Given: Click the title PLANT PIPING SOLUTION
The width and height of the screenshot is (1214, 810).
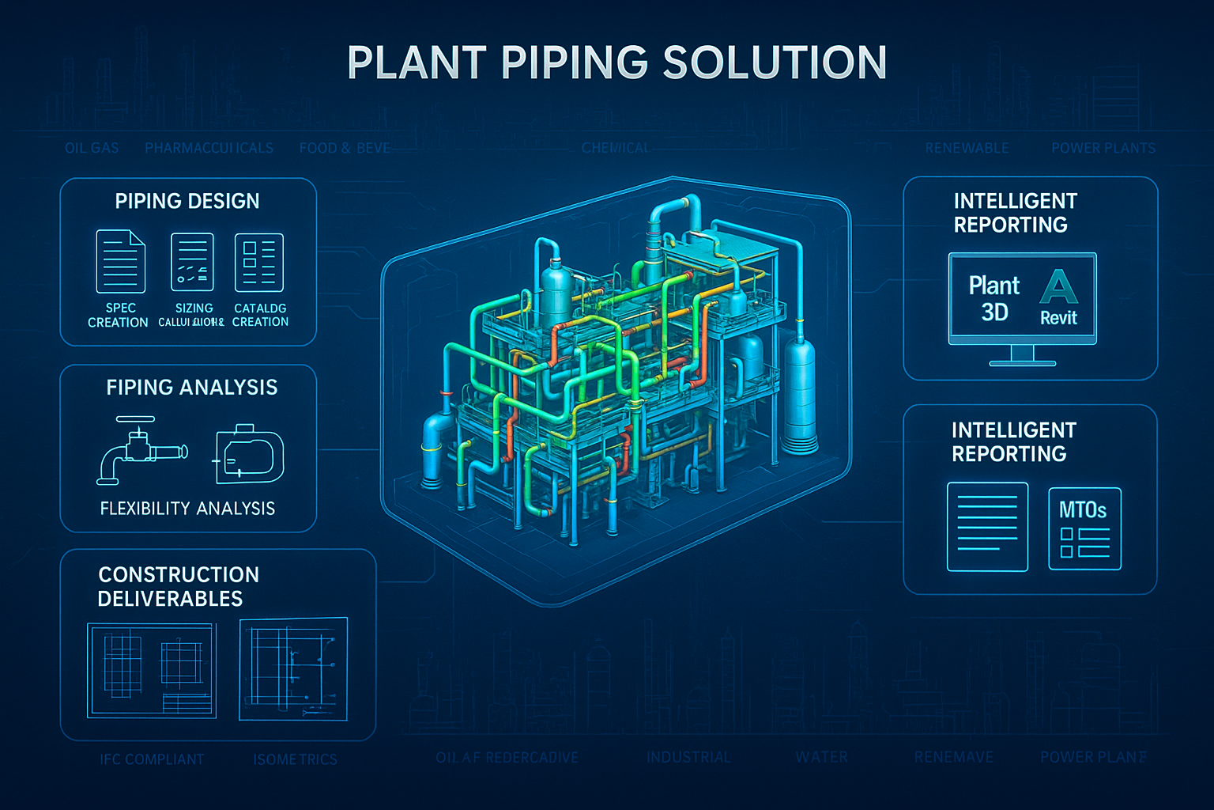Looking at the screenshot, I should [616, 63].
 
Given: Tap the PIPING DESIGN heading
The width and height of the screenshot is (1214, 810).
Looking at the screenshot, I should [187, 201].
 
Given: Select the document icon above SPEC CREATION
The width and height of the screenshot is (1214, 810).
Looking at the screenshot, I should [120, 262].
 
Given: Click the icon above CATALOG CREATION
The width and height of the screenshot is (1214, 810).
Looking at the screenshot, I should [259, 263].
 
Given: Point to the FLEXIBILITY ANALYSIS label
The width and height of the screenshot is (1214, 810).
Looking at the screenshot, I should [187, 509].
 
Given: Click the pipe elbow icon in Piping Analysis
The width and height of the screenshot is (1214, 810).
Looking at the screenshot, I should [141, 451].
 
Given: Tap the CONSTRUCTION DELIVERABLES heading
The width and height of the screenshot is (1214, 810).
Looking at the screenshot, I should [178, 586].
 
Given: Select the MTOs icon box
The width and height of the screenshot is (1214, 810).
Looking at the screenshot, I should [1084, 528].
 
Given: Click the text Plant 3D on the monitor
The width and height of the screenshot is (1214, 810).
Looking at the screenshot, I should [994, 298].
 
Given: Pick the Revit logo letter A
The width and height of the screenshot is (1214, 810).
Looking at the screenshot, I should [1058, 287].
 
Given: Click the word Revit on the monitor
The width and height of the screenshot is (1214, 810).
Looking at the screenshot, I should [1058, 318].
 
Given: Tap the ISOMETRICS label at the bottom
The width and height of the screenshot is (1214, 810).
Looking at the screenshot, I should [295, 759].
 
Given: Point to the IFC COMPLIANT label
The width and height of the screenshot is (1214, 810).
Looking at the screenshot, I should [152, 759].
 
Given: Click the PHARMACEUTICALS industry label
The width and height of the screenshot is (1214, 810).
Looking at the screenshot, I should [209, 148].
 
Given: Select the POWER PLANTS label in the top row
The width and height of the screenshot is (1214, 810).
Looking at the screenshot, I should [1103, 148].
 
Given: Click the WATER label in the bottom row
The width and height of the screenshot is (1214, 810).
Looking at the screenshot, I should [822, 757].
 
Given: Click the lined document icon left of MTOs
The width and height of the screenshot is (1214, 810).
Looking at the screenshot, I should [987, 527].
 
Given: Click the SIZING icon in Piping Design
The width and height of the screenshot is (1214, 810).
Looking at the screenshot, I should [193, 263].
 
